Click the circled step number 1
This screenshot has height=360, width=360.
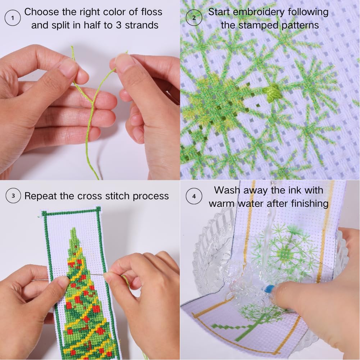pyautogui.click(x=13, y=18)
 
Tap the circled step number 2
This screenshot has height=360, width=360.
pyautogui.click(x=194, y=18)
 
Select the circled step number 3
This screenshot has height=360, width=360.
pyautogui.click(x=13, y=196)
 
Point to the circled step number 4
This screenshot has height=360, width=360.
pyautogui.click(x=194, y=196)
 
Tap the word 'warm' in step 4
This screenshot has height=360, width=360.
pyautogui.click(x=222, y=204)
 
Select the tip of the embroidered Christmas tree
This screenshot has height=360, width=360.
pyautogui.click(x=73, y=228)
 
